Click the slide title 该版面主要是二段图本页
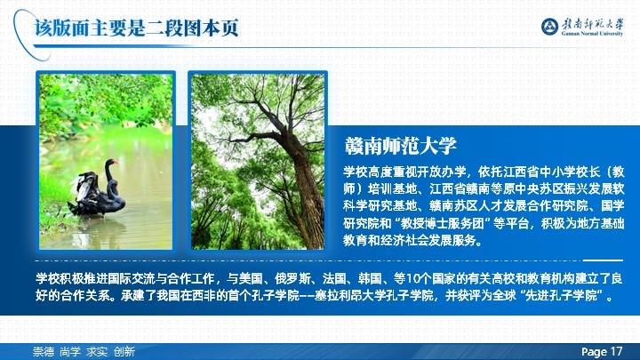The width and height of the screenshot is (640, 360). tap(136, 28)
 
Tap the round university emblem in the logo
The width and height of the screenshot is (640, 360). tap(549, 27)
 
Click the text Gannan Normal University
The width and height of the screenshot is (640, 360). tap(592, 33)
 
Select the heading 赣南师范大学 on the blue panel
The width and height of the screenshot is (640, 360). tap(400, 146)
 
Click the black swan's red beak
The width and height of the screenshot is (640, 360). tap(115, 163)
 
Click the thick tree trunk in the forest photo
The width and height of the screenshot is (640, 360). tap(303, 184)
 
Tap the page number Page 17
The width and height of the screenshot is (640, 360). tap(602, 351)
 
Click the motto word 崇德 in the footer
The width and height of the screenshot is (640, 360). tap(44, 351)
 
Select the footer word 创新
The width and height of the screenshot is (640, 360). tap(124, 351)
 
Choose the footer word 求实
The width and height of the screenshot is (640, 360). tap(97, 351)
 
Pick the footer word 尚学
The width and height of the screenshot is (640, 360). tap(70, 351)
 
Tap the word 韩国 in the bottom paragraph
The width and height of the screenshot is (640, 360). tap(370, 279)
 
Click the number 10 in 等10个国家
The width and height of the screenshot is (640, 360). tap(413, 279)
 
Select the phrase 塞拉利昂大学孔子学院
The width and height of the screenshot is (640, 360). tap(374, 295)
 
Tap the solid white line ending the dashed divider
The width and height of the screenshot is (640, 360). tap(603, 260)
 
